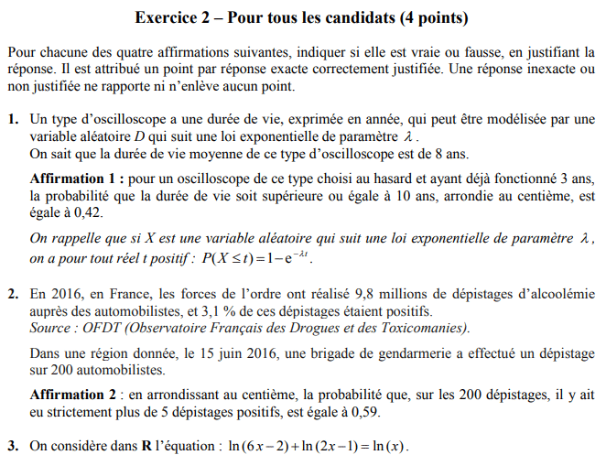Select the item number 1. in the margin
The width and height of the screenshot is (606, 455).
[x=13, y=120]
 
